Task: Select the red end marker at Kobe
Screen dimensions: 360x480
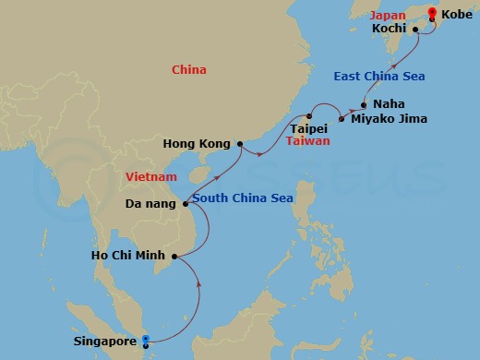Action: point(431,14)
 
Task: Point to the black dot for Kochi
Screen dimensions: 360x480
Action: point(416,29)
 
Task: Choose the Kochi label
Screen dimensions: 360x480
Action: point(390,29)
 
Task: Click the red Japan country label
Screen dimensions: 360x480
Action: point(387,16)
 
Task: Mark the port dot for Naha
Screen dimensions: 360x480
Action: point(365,104)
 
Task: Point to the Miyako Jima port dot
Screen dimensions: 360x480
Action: point(342,119)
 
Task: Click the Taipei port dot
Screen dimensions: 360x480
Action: point(309,116)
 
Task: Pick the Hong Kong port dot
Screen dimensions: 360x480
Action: point(240,144)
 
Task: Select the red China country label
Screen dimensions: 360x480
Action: point(189,70)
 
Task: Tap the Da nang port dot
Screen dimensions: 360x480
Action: point(186,204)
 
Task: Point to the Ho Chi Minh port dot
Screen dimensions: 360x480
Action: point(174,254)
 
